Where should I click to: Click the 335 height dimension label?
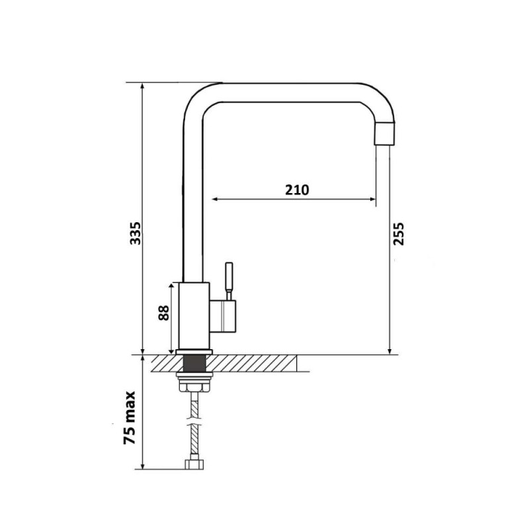tap(136, 233)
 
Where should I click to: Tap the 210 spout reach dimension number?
tap(297, 190)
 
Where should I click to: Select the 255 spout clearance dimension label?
tap(399, 233)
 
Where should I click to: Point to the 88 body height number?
tap(163, 313)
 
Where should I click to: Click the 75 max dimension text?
tap(129, 418)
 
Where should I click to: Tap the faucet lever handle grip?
tap(229, 276)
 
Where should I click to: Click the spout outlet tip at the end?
tap(385, 134)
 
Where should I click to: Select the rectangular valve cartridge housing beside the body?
tap(223, 316)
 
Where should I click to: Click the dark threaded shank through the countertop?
tap(194, 363)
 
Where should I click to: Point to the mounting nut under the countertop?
tap(194, 383)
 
